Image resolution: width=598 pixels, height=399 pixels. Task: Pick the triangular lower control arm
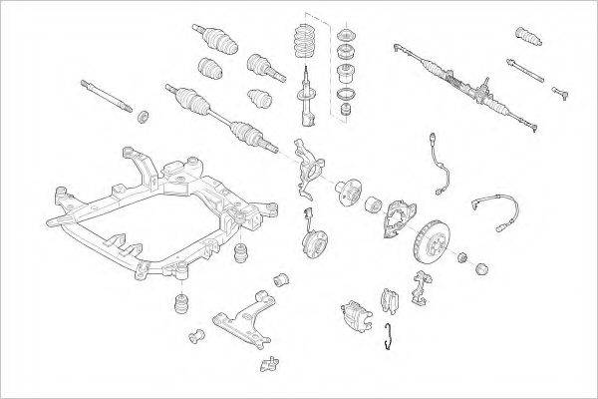click(x=244, y=310)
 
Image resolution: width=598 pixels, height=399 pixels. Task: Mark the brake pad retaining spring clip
click(x=391, y=338)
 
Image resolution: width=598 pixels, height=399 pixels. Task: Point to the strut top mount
click(x=350, y=44)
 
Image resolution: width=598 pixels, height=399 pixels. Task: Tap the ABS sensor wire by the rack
click(x=438, y=165)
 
